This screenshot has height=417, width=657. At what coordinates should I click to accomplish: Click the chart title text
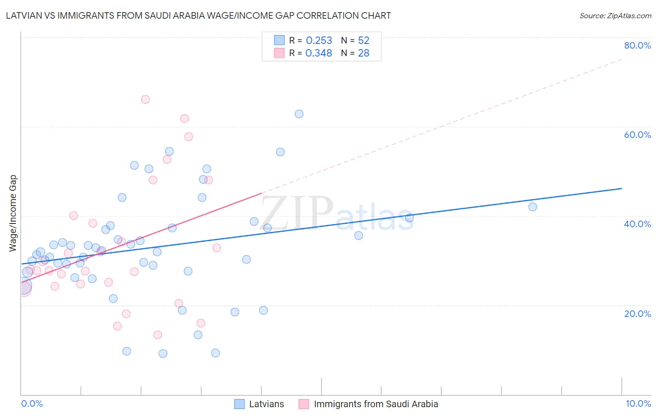(198, 15)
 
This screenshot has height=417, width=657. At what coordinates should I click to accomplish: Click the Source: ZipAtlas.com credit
(615, 15)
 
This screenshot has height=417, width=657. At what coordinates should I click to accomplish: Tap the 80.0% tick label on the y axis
(637, 45)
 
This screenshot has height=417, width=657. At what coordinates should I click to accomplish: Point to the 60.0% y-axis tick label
(637, 135)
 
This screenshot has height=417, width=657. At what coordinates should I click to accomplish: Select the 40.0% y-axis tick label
(637, 224)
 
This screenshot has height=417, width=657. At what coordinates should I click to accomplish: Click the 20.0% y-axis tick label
(637, 314)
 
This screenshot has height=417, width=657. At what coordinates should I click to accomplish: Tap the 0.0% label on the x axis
(32, 403)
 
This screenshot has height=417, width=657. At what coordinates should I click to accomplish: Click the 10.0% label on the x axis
(638, 403)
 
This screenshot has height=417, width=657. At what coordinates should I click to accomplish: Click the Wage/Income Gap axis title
(13, 213)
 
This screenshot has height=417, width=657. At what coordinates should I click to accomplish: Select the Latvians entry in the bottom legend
(266, 404)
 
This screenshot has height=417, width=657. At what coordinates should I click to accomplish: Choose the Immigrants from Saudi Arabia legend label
(376, 404)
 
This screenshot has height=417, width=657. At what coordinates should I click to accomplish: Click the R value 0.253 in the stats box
(319, 41)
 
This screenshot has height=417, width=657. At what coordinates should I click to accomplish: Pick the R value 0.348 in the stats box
(319, 53)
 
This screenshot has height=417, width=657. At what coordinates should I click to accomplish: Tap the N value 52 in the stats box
(364, 41)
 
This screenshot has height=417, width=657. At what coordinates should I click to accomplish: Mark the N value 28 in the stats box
(364, 53)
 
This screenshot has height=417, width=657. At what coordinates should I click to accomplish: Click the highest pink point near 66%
(145, 99)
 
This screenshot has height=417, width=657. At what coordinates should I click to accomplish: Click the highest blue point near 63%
(299, 114)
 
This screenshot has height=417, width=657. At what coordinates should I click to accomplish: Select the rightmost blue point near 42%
(533, 207)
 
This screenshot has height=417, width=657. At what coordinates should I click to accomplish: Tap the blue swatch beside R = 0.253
(279, 40)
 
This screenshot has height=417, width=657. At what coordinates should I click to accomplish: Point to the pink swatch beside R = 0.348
(279, 53)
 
